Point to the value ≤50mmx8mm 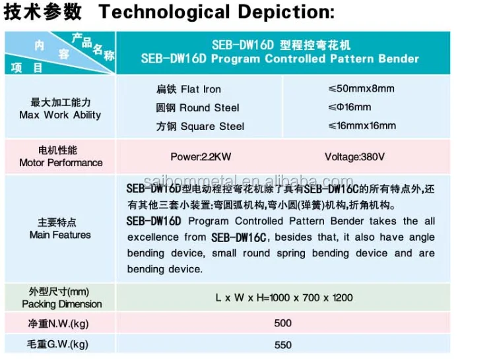tap(361, 89)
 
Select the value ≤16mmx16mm tap(362, 126)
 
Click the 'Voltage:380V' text tap(355, 157)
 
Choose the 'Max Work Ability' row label tap(60, 115)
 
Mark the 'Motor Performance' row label tap(61, 163)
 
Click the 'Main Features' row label tap(60, 235)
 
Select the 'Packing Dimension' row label tap(61, 304)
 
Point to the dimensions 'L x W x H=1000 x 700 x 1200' tap(284, 298)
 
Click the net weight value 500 tap(282, 323)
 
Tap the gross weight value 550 tap(282, 344)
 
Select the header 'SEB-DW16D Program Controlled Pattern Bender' tap(280, 59)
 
